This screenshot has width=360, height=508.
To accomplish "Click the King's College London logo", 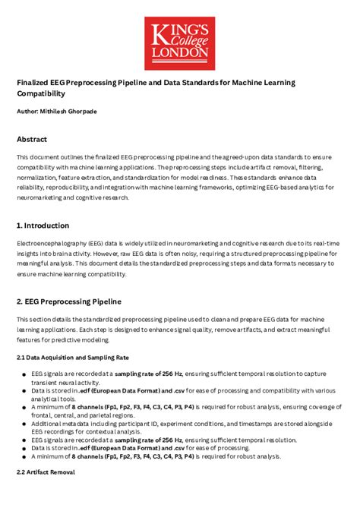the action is coord(179,43).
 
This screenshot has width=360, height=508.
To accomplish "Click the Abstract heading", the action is coord(32,140).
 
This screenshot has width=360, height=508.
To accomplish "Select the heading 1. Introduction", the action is coord(43,226).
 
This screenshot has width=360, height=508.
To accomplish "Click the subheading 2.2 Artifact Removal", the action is coord(46,472).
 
